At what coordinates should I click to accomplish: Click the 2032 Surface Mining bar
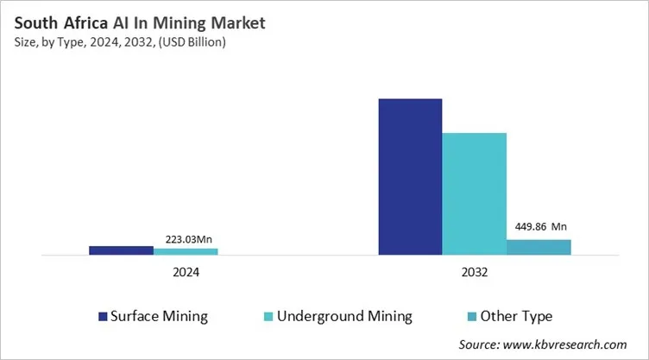(x=410, y=177)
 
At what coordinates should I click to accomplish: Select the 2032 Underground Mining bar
(x=474, y=194)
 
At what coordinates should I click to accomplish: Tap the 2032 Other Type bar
(x=539, y=248)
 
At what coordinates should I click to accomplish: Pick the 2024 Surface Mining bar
(x=121, y=250)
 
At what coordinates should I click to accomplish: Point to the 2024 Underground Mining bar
(x=186, y=252)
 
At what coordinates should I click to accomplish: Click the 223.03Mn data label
(x=186, y=240)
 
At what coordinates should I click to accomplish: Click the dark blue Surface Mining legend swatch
(x=103, y=316)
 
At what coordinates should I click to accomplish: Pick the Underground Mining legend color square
(x=269, y=316)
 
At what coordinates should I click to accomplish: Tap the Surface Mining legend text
(x=160, y=316)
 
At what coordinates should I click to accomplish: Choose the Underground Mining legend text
(x=345, y=316)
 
